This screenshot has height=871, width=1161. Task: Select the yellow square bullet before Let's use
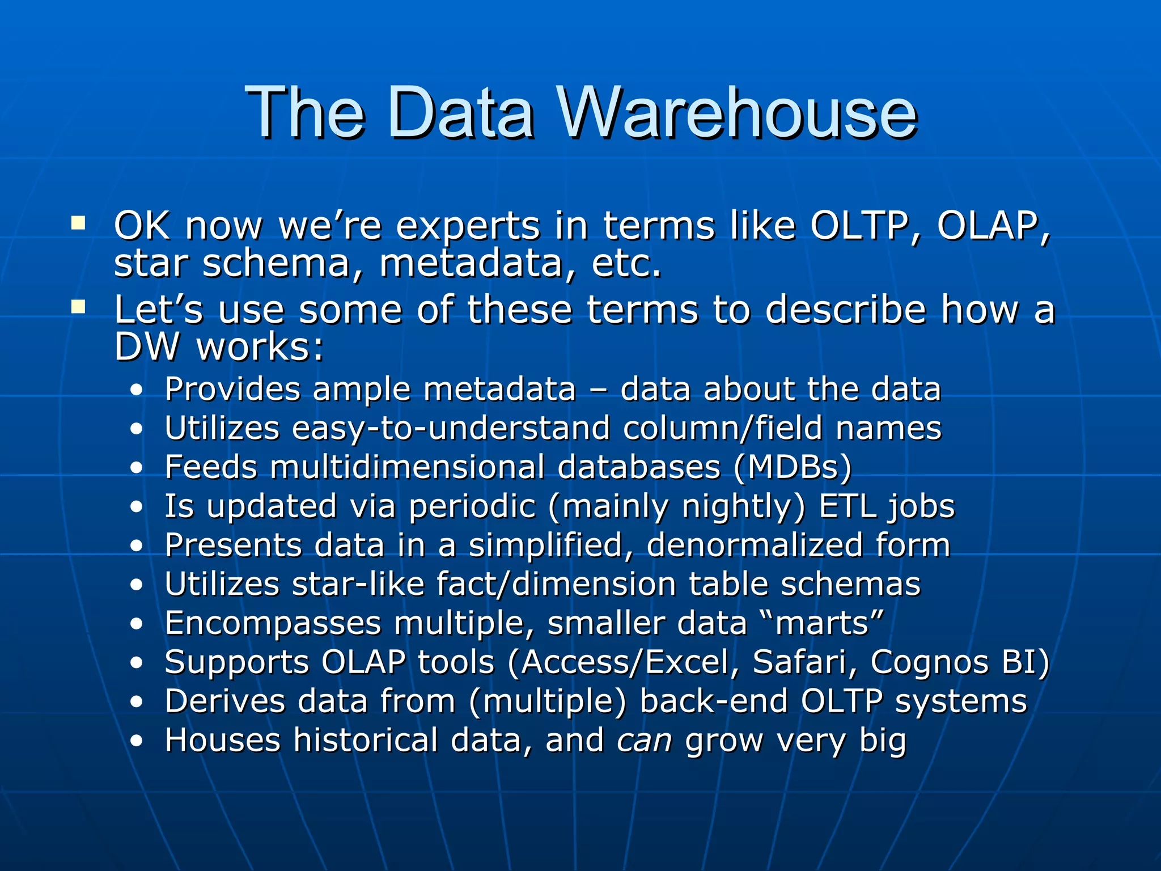(x=78, y=307)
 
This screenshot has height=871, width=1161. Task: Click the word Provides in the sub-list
(x=232, y=390)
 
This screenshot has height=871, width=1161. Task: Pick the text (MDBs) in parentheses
(x=793, y=467)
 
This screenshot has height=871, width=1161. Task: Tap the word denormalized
(x=754, y=545)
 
